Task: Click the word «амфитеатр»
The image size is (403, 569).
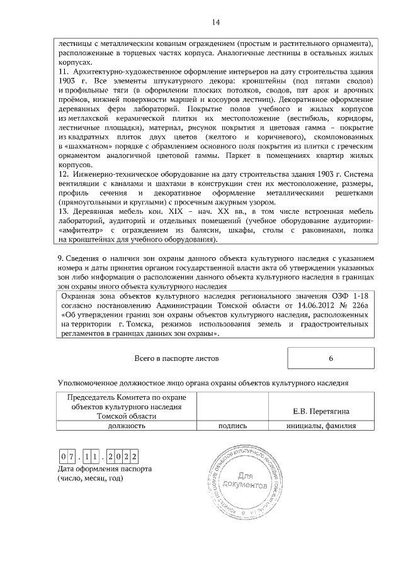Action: coord(82,230)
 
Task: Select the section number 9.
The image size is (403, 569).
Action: coord(60,258)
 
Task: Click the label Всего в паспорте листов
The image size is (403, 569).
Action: coord(177,358)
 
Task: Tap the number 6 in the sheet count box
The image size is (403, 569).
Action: coord(331,358)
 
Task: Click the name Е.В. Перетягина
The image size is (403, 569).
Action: coord(322,412)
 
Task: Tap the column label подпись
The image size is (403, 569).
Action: coord(232,426)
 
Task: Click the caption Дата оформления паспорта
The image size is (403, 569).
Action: coord(104,469)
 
